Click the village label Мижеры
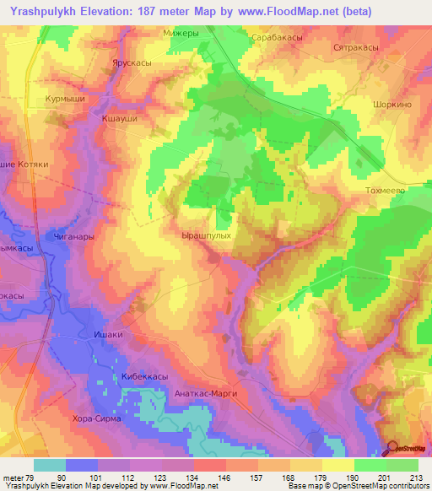point(179,34)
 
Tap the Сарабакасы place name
point(277,38)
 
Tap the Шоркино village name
point(391,105)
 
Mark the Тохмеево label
point(386,192)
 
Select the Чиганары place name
point(70,238)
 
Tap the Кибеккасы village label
point(138,375)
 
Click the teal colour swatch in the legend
point(50,464)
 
